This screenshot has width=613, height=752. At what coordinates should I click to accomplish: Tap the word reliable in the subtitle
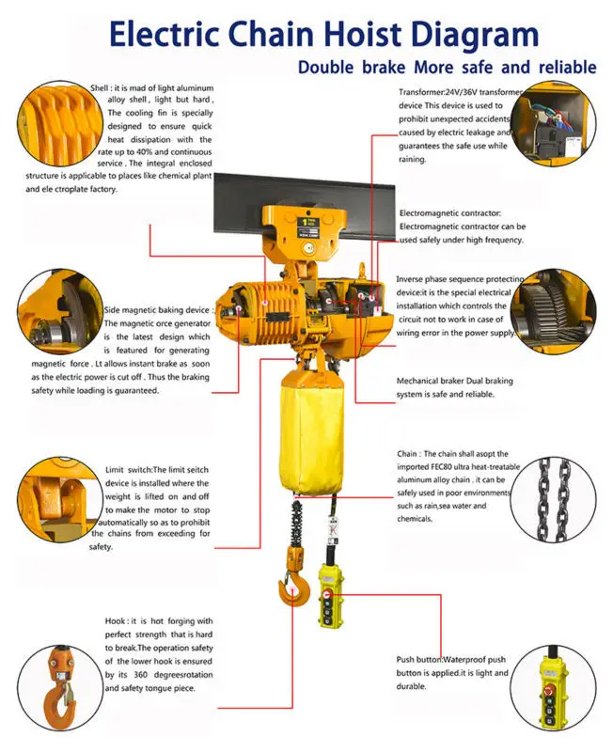pyautogui.click(x=568, y=67)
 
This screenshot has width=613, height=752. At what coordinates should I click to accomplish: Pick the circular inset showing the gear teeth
pyautogui.click(x=553, y=311)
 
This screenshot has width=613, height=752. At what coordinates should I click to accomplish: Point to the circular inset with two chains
pyautogui.click(x=553, y=499)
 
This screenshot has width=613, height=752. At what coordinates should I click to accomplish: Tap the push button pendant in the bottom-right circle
pyautogui.click(x=549, y=691)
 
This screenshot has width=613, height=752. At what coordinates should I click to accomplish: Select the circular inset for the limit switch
pyautogui.click(x=60, y=499)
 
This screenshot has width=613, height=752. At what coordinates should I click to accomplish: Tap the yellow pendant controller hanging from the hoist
pyautogui.click(x=331, y=595)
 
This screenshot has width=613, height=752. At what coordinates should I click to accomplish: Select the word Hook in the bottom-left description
pyautogui.click(x=115, y=621)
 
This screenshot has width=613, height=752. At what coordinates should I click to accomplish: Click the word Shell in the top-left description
pyautogui.click(x=100, y=88)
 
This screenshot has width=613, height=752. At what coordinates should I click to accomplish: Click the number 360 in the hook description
pyautogui.click(x=140, y=675)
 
